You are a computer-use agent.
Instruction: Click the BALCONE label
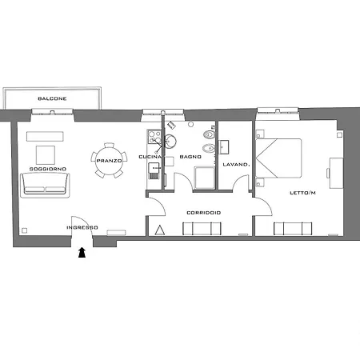[x=52, y=98]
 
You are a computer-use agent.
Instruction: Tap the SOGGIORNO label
[x=48, y=169]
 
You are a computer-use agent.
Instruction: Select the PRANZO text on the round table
[x=109, y=161]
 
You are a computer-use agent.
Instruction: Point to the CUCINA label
[x=150, y=157]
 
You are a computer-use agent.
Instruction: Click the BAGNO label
[x=190, y=157]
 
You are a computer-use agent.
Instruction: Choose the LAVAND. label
[x=236, y=165]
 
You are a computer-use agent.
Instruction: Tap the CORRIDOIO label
[x=204, y=213]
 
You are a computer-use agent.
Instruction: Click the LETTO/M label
[x=302, y=193]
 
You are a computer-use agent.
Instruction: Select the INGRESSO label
[x=82, y=227]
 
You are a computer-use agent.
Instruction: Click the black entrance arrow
[x=82, y=252]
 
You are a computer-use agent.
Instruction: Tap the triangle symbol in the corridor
[x=160, y=230]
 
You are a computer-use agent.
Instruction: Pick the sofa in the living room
[x=45, y=185]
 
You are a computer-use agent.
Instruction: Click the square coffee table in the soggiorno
[x=46, y=155]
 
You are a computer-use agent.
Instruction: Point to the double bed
[x=278, y=158]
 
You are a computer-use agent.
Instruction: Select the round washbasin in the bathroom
[x=170, y=142]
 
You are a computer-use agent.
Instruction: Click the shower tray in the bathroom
[x=205, y=178]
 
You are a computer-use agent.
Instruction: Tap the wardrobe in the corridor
[x=202, y=229]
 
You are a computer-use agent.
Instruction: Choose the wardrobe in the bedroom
[x=293, y=229]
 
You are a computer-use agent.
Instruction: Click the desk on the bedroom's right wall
[x=336, y=173]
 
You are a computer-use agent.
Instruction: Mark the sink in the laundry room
[x=224, y=147]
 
